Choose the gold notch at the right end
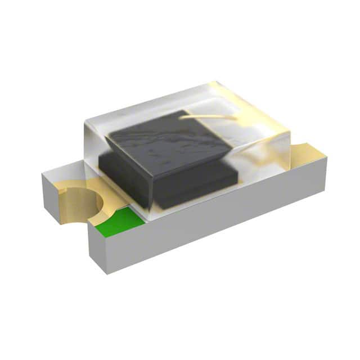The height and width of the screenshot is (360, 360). [308, 151]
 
